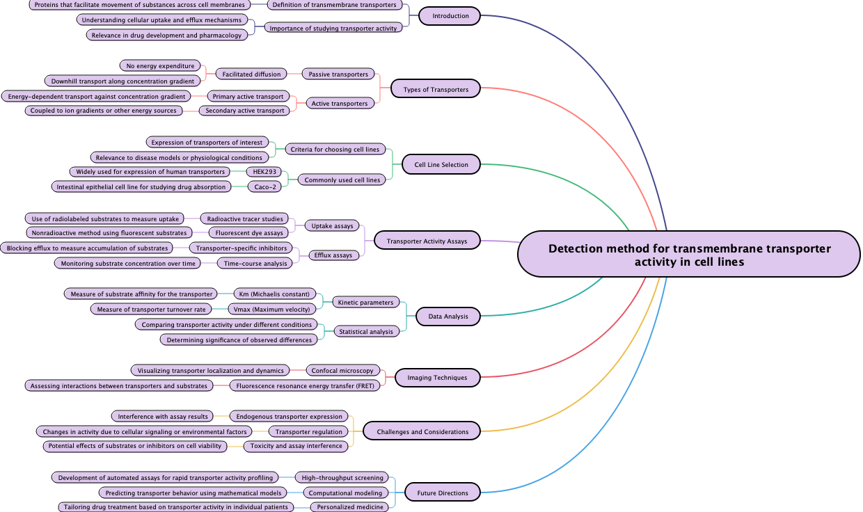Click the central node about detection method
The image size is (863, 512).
click(x=689, y=255)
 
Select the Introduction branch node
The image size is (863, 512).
click(x=450, y=16)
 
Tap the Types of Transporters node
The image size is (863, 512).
click(x=436, y=89)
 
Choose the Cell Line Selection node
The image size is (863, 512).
click(x=441, y=165)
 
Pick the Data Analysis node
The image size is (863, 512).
click(x=448, y=317)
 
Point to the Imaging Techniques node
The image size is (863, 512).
click(x=438, y=378)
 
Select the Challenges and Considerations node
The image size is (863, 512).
click(x=422, y=432)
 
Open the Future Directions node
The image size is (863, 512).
click(x=443, y=493)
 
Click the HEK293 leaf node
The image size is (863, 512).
click(x=265, y=172)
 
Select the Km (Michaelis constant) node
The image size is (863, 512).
click(x=274, y=294)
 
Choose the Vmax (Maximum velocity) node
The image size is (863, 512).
click(x=272, y=310)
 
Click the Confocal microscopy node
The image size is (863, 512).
click(x=342, y=371)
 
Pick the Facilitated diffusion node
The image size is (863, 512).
click(x=251, y=74)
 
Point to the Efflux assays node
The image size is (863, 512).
click(x=333, y=255)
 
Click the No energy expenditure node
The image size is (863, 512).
click(x=160, y=66)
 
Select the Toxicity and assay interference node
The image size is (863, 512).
click(x=296, y=446)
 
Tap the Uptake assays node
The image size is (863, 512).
click(x=332, y=226)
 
